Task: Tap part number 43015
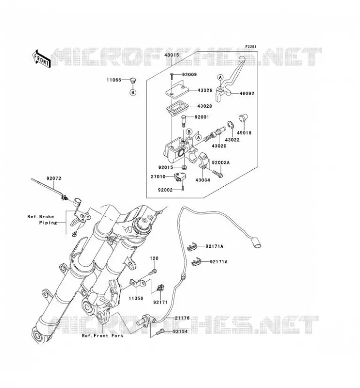click(x=172, y=55)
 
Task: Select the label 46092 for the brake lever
click(x=246, y=94)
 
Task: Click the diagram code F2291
click(x=251, y=47)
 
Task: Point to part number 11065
click(x=114, y=80)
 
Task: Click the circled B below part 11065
click(x=133, y=93)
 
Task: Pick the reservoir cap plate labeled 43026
click(x=177, y=90)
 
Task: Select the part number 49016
click(x=244, y=133)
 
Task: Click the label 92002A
click(x=221, y=162)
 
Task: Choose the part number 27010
click(x=158, y=177)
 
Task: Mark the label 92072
click(x=54, y=178)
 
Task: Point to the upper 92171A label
click(x=214, y=246)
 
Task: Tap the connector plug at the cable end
click(x=257, y=242)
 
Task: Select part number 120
click(x=154, y=259)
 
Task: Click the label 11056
click(x=136, y=298)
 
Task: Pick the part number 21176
click(x=182, y=318)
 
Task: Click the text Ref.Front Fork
click(x=102, y=336)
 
